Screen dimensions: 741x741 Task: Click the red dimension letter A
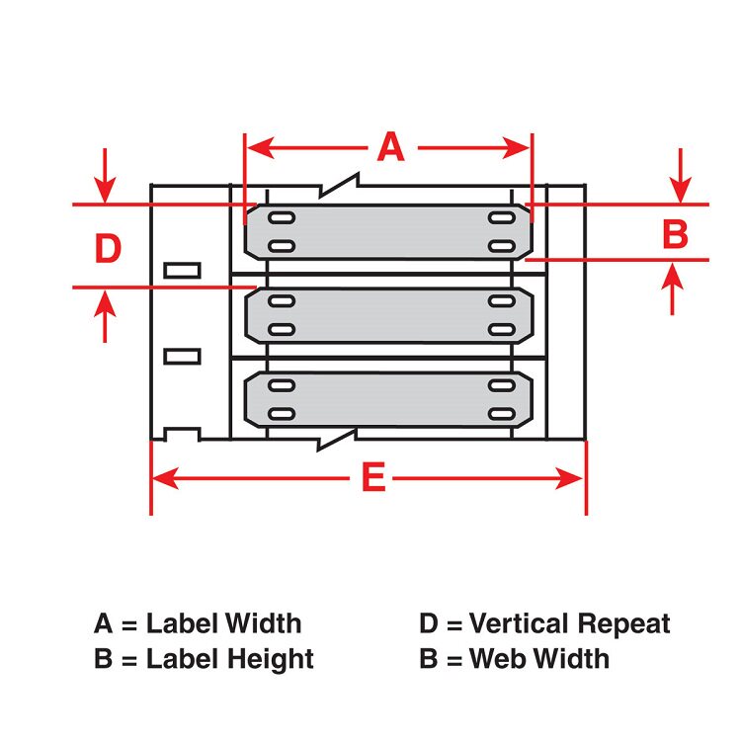[391, 148]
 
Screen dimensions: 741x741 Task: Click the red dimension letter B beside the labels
[674, 235]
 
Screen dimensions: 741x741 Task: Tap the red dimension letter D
[107, 249]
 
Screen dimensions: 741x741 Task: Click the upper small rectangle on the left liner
[182, 269]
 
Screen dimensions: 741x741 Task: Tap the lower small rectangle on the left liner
[182, 355]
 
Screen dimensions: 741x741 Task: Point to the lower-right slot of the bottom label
[501, 413]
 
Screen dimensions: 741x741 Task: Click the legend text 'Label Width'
[224, 624]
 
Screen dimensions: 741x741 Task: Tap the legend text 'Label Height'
[230, 658]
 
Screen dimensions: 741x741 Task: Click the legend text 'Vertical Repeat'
[570, 624]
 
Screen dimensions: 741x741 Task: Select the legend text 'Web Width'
[539, 658]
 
